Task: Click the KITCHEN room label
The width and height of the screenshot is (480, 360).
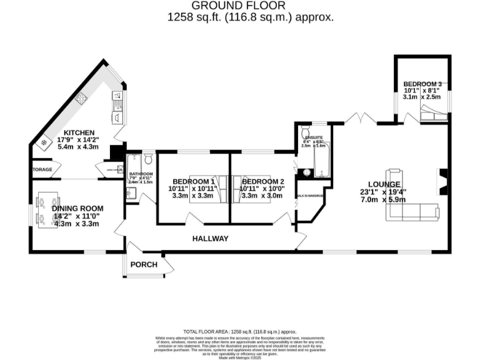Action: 76,132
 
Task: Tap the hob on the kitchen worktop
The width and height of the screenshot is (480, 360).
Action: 81,98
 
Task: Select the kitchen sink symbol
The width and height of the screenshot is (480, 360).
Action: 117,96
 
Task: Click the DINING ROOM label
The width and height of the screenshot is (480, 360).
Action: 77,208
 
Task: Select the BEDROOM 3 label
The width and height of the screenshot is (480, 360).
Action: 422,84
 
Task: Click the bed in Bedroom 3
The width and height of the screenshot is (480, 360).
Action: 432,114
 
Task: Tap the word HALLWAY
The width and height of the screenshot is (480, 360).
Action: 211,239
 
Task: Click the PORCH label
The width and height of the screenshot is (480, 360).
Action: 143,264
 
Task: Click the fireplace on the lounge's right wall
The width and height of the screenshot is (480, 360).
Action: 442,181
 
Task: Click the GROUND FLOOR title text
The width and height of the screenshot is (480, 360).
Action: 250,6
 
